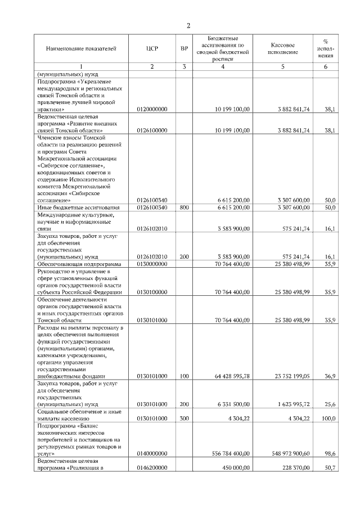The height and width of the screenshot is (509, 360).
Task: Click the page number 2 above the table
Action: coord(189,25)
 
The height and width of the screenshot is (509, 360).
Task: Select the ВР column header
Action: coord(184,49)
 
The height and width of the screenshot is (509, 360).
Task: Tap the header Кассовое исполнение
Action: coord(283,49)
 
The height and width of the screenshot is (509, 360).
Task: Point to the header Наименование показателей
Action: coord(81,49)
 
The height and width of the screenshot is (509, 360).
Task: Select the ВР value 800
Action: coord(184,207)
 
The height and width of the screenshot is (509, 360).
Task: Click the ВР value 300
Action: coord(184,418)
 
